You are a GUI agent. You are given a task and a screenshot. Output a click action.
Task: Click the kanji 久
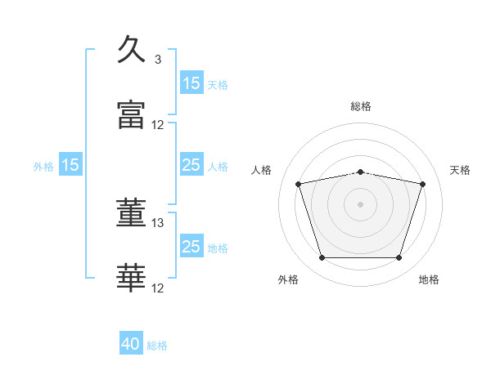click(x=131, y=49)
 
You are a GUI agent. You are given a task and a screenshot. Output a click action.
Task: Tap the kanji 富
click(x=131, y=114)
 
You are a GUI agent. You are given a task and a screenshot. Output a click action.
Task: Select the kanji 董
click(x=131, y=212)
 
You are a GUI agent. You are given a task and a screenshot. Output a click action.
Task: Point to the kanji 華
click(x=131, y=278)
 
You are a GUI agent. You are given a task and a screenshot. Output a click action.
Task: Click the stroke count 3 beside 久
click(x=158, y=60)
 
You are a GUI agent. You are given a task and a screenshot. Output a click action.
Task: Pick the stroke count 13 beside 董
click(x=157, y=223)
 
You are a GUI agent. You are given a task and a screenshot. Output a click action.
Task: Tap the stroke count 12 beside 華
click(x=157, y=288)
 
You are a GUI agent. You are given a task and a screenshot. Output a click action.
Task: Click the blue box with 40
click(x=131, y=342)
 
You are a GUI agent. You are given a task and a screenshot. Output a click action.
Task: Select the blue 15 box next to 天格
click(x=191, y=83)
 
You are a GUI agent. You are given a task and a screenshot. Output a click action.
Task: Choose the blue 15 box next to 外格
click(x=70, y=164)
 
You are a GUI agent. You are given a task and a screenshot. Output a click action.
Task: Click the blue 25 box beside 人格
click(x=191, y=164)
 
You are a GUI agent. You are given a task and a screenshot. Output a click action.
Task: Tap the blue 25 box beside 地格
click(x=191, y=245)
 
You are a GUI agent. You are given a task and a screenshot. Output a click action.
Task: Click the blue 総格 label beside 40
click(x=157, y=346)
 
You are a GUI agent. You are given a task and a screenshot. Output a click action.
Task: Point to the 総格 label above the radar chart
click(x=361, y=106)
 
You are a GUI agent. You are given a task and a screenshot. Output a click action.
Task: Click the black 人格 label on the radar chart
click(x=261, y=170)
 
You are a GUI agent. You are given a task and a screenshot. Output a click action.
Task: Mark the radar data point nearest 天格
click(x=422, y=184)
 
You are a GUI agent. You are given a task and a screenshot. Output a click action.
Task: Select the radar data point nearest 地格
click(x=399, y=257)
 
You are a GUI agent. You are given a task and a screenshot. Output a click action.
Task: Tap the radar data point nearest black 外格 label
click(x=322, y=257)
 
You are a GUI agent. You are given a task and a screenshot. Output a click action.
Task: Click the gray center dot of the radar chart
click(x=360, y=204)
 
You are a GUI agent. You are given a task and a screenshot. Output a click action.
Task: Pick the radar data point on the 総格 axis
click(x=360, y=172)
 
